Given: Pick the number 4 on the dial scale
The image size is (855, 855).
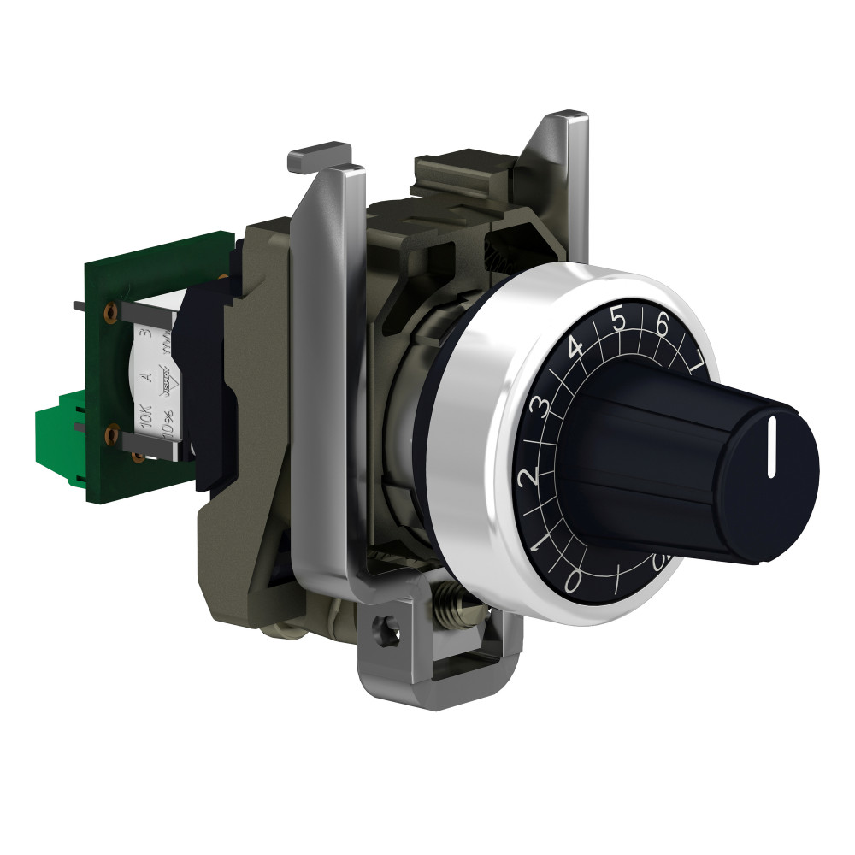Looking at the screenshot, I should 575,349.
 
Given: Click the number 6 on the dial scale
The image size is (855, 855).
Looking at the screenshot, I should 661,325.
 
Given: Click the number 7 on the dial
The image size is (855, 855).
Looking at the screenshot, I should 696,357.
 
